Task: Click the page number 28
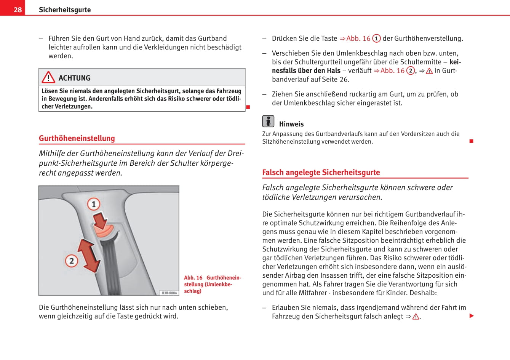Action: tap(18, 10)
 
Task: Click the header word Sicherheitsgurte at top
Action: tap(65, 10)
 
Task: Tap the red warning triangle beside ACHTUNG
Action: tap(48, 77)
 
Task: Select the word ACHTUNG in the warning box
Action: tap(74, 78)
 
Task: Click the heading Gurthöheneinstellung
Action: tap(77, 138)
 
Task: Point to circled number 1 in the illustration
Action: tap(94, 204)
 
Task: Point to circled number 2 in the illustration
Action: tap(72, 261)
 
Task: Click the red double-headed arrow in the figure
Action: tap(89, 255)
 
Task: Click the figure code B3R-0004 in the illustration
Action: tap(169, 293)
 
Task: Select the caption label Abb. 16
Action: tap(193, 278)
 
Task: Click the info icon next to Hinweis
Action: tap(268, 121)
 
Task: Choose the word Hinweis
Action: tap(291, 124)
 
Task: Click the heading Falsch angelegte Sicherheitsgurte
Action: tap(321, 172)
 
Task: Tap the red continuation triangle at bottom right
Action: tap(472, 316)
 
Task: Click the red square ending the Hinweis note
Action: tap(471, 141)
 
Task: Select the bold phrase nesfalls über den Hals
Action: tap(306, 70)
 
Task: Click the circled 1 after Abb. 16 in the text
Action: tap(376, 38)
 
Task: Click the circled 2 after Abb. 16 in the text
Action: tap(411, 70)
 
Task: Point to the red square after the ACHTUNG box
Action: tap(248, 107)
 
